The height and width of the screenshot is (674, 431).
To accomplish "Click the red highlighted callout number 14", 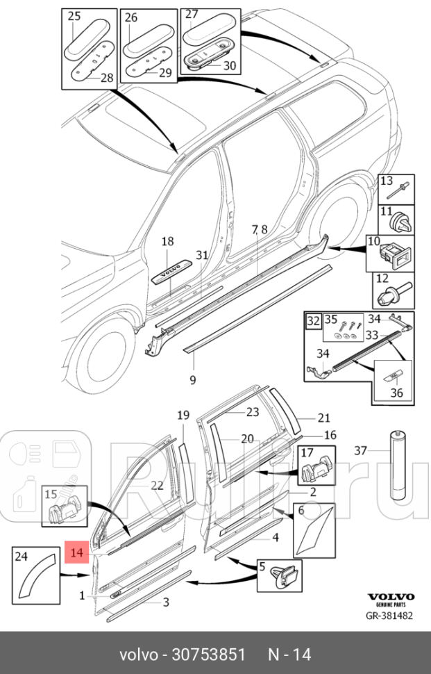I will pos(76,552).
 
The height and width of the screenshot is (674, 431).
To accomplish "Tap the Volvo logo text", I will pos(390,596).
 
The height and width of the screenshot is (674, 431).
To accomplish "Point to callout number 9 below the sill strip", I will pos(192,379).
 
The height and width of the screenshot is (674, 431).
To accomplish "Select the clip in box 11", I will pos(399,223).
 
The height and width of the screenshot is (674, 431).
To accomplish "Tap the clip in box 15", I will pos(66,513).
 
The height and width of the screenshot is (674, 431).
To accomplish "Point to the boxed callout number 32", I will pos(314,321).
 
